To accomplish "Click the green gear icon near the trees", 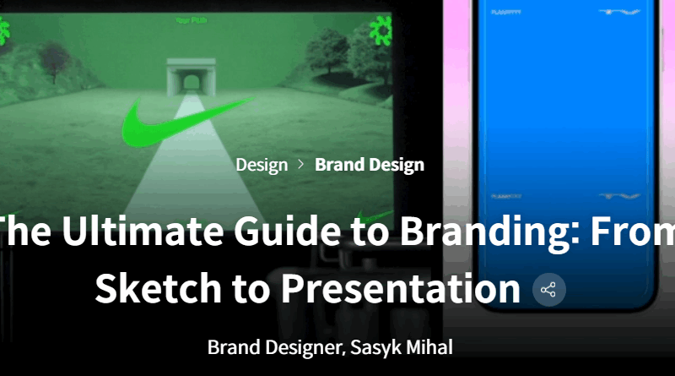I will (x=385, y=34).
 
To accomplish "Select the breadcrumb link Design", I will (x=262, y=164).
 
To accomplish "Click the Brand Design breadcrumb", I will (x=370, y=164).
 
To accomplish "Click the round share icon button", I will (x=548, y=291).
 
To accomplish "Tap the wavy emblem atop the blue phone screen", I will (x=621, y=12).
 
